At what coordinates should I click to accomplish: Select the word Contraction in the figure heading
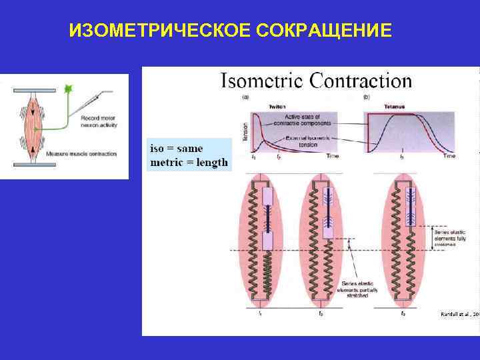click(x=359, y=81)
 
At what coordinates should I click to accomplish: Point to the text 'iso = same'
click(x=177, y=149)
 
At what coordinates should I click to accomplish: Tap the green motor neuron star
click(x=67, y=88)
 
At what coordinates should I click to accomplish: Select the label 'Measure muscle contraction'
click(x=81, y=154)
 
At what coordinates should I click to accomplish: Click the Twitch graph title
click(x=278, y=107)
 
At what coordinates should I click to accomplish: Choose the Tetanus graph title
click(x=394, y=107)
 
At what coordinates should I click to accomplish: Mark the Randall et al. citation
click(x=460, y=313)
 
